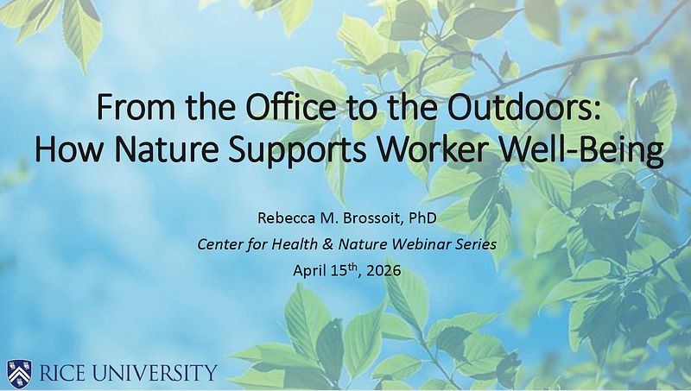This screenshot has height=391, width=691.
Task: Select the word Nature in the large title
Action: pos(166,148)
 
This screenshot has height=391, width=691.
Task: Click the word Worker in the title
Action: pos(434,148)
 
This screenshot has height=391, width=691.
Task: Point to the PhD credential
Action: pos(422,218)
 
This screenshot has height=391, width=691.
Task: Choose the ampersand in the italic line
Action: pos(327,244)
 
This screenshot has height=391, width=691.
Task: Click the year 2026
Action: pos(384,270)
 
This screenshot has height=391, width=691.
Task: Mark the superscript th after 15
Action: pos(352,266)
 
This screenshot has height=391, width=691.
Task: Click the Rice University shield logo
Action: pos(19,372)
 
